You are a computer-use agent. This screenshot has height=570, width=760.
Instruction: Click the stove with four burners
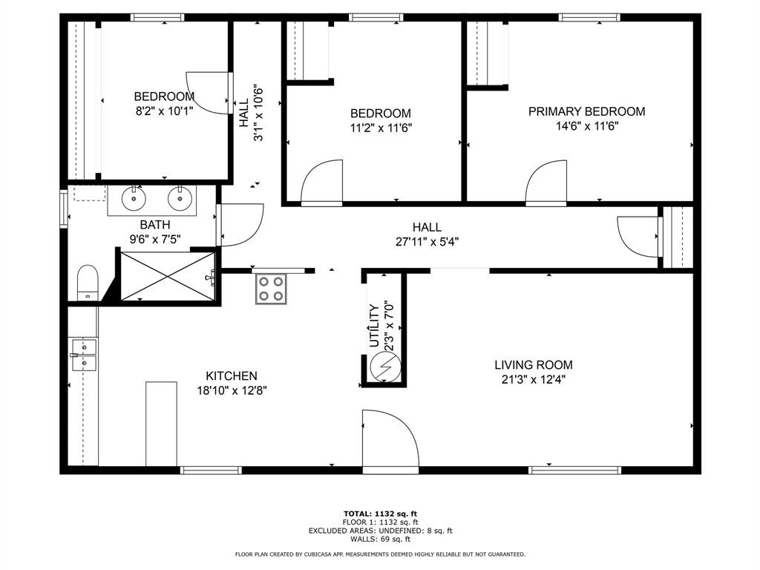271,289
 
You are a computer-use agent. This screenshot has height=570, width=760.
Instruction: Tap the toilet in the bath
88,283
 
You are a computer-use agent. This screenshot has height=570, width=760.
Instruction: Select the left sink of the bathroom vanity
134,198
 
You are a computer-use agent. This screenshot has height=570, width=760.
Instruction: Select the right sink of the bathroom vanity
179,198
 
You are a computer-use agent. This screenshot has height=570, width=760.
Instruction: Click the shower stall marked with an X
167,275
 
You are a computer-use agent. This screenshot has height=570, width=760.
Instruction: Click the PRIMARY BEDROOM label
586,111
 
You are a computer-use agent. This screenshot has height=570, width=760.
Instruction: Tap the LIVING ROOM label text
534,364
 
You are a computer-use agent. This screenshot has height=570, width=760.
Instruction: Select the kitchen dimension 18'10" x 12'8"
232,390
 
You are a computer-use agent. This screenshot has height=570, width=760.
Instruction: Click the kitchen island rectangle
161,424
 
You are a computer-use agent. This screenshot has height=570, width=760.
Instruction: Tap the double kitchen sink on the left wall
84,355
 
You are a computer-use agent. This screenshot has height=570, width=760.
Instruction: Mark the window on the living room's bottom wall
574,470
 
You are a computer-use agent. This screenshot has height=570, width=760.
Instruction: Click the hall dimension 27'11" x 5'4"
427,241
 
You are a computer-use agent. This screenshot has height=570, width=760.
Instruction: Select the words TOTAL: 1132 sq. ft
380,513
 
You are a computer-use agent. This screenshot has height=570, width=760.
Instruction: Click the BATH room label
154,224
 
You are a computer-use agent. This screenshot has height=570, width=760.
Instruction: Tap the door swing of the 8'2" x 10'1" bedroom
206,93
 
